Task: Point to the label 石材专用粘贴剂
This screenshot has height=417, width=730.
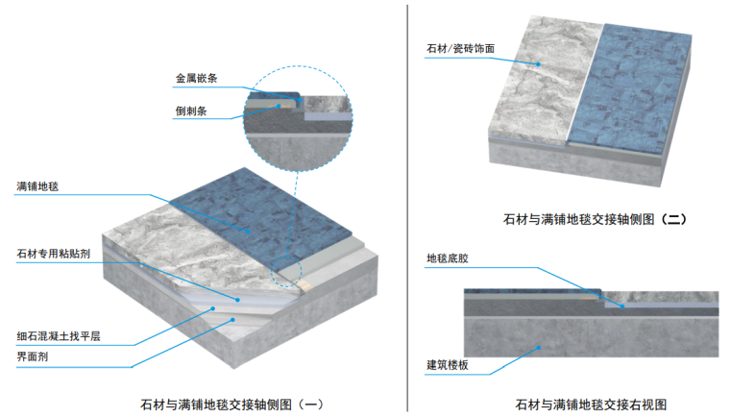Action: pos(54,255)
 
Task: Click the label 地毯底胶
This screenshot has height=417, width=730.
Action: pos(447,258)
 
